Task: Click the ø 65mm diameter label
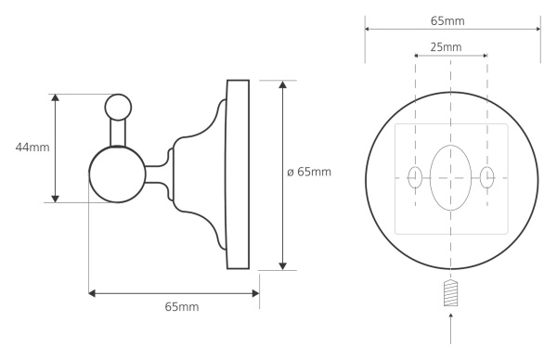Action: [309, 173]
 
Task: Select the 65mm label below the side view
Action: [182, 306]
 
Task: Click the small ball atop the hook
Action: [119, 107]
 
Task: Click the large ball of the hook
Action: [116, 174]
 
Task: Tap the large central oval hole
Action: [451, 175]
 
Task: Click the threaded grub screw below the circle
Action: [451, 294]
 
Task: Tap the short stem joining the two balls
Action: [119, 134]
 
